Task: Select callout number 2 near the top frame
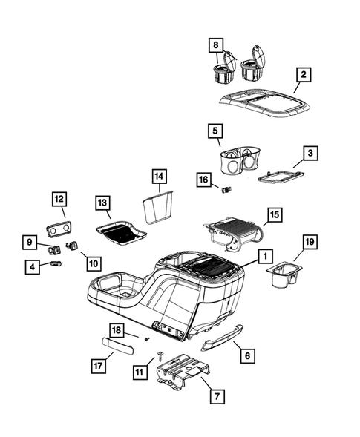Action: click(x=303, y=75)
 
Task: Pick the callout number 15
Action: click(x=273, y=214)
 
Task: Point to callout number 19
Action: click(x=309, y=243)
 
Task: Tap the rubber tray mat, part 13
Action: click(x=120, y=232)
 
